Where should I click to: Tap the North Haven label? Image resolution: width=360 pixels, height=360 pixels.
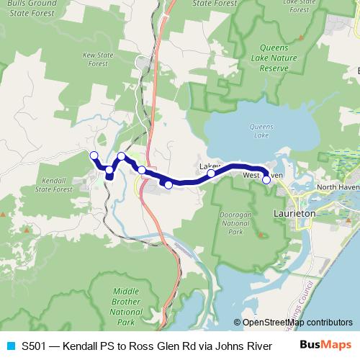coord(338,187)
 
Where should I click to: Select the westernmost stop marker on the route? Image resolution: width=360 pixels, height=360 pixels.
coord(94,156)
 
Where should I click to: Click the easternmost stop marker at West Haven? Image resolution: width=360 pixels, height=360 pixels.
coord(266,179)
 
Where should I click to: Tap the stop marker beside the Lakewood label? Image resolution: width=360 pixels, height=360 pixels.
coord(211,174)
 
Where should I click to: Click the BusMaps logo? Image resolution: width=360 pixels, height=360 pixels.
coord(320,346)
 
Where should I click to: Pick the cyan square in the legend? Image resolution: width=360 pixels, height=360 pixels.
coord(9,346)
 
